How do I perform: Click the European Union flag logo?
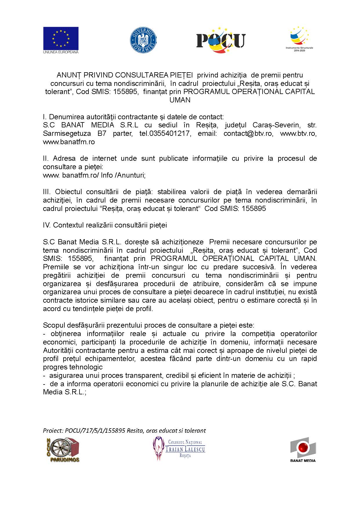[61, 40]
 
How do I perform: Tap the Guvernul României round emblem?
[143, 40]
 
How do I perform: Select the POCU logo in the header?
[221, 40]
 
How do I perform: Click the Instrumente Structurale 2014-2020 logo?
[299, 39]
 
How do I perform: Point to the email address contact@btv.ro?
[248, 133]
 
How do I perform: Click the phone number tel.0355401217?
[165, 133]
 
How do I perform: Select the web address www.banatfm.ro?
[69, 142]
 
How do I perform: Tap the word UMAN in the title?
[180, 100]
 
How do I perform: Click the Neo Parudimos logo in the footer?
[63, 450]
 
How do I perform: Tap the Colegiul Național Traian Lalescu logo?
[179, 449]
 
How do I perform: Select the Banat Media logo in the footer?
[303, 450]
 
